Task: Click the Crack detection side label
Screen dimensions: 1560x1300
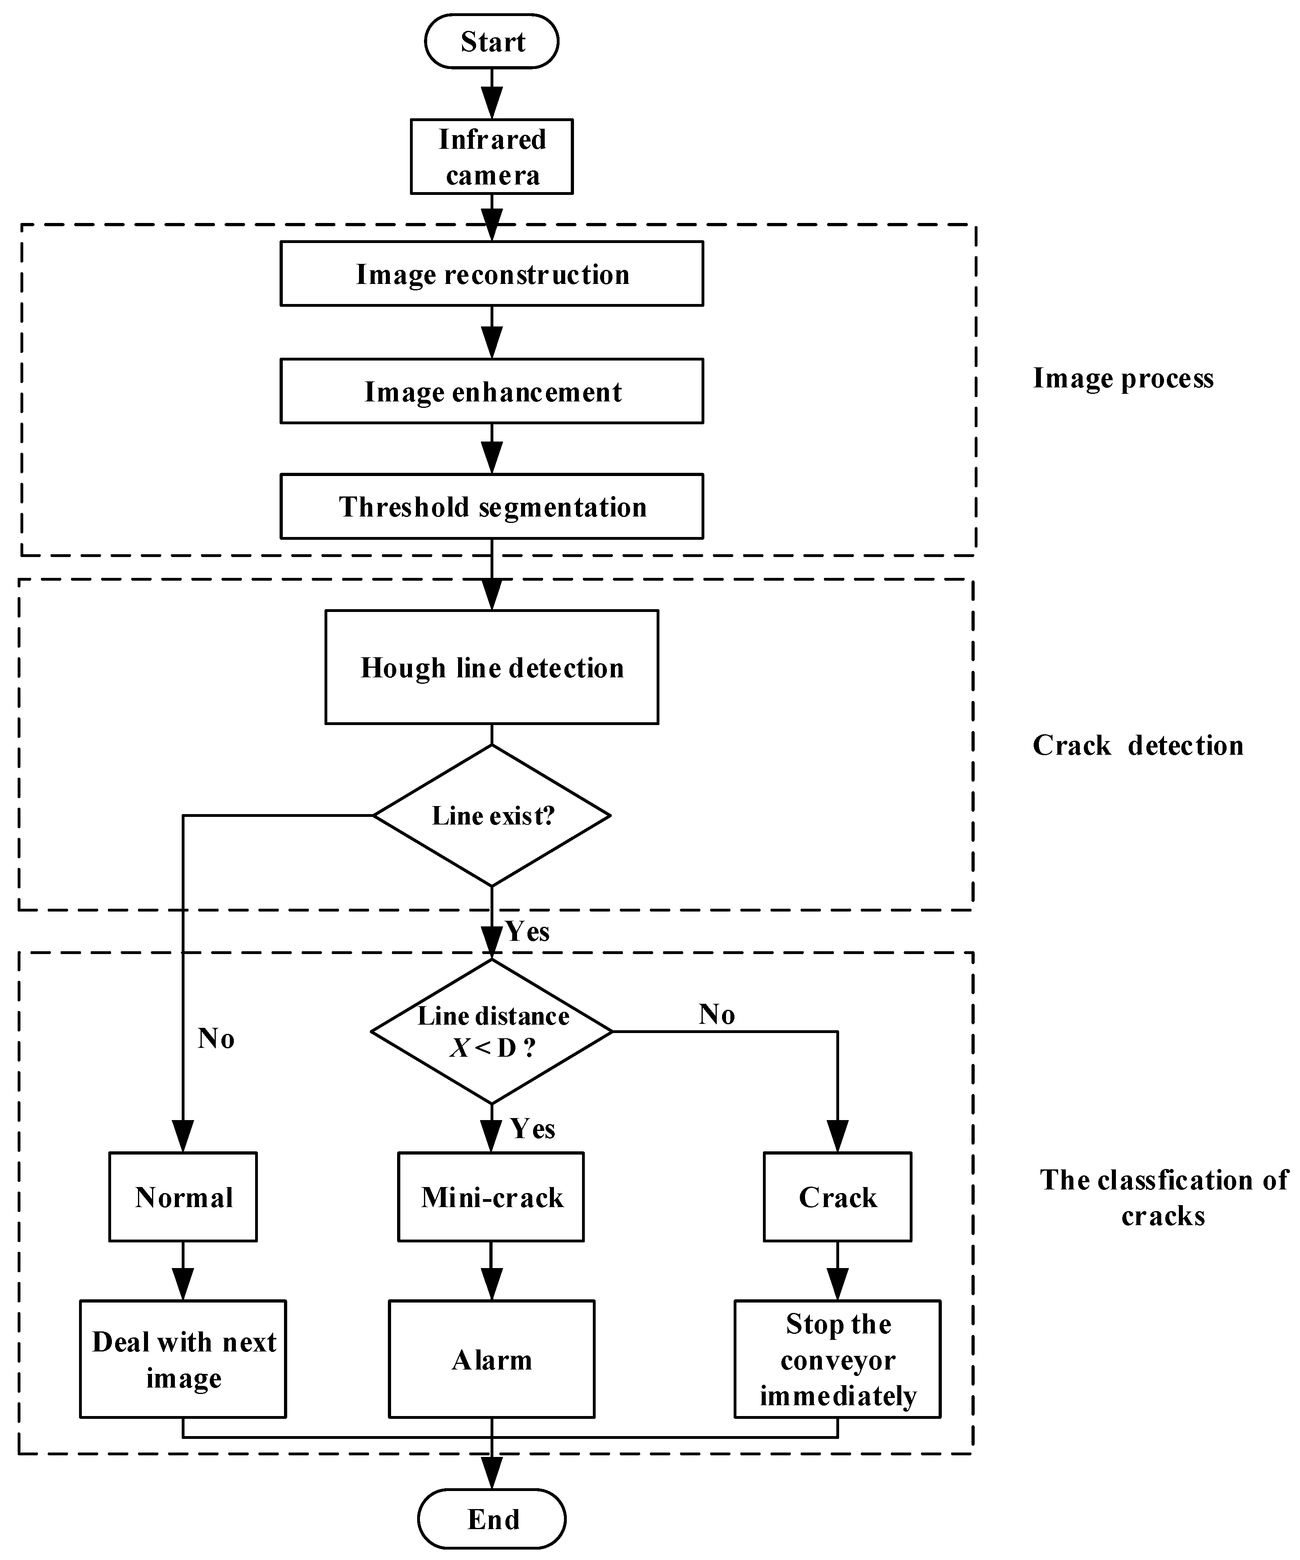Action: (x=1137, y=745)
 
